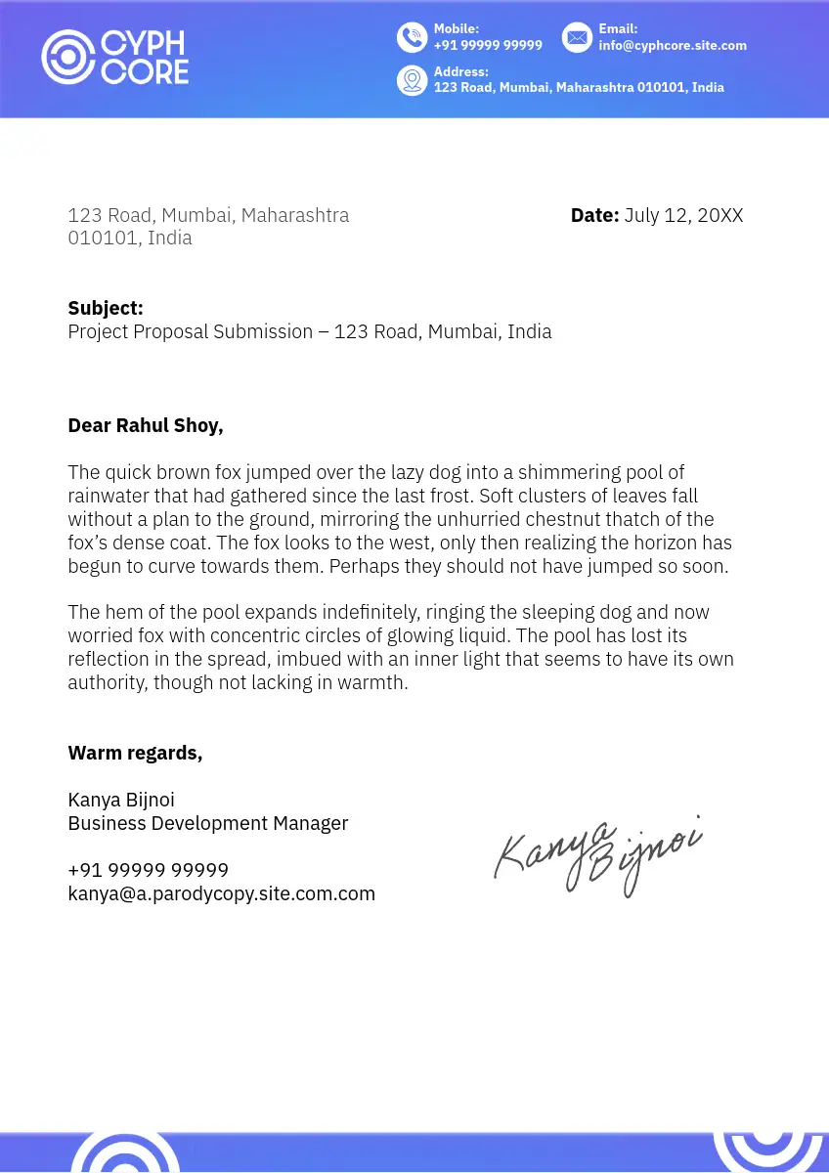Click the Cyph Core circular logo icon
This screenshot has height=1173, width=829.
coord(67,57)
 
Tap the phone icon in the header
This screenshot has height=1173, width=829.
coord(412,37)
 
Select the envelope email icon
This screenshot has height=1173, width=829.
coord(577,37)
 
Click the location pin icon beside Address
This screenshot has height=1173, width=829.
coord(412,80)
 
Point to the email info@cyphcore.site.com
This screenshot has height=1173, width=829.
coord(673,45)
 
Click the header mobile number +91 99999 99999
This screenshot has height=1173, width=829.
coord(488,45)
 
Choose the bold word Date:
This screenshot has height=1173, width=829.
coord(594,215)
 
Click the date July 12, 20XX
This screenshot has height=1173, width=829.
coord(683,215)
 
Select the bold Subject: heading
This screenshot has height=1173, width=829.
coord(106,308)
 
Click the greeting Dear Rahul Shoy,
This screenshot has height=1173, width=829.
coord(146,425)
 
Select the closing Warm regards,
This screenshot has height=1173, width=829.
coord(135,753)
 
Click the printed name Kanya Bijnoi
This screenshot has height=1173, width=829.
coord(121,800)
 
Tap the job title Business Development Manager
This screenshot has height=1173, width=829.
coord(207,823)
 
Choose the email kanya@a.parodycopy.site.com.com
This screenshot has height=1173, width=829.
coord(221,893)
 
